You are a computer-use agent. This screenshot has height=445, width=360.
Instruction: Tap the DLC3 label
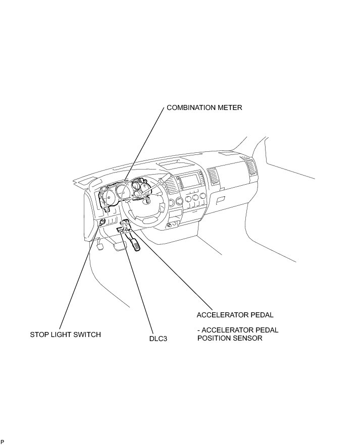(158, 339)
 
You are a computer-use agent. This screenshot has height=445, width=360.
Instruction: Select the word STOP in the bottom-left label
(39, 335)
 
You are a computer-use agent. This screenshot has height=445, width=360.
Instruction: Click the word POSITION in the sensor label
(213, 338)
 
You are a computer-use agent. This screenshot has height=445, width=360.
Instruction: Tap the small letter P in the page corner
(2, 441)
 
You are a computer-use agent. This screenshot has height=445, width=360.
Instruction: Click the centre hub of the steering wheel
(150, 202)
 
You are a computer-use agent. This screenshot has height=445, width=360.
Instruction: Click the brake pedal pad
(120, 246)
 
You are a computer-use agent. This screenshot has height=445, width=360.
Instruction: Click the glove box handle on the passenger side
(220, 200)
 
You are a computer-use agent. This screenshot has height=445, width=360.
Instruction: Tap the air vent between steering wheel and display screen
(172, 185)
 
